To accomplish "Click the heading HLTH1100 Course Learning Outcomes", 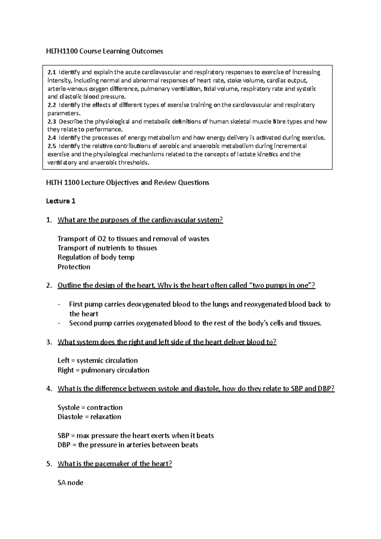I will (x=104, y=51).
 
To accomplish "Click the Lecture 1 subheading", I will (x=61, y=201).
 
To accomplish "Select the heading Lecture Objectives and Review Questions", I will (x=128, y=183).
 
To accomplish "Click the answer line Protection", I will (x=74, y=267).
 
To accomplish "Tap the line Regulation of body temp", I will (x=96, y=257).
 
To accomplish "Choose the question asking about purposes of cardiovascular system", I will (x=140, y=220).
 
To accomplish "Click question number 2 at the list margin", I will (x=49, y=285).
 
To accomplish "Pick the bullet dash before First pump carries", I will (x=59, y=304).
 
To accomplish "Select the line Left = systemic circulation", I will (x=97, y=361).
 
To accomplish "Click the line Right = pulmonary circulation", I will (x=103, y=370).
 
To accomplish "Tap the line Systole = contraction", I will (x=90, y=407).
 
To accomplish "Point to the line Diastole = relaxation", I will (x=89, y=417).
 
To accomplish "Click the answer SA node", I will (x=70, y=483).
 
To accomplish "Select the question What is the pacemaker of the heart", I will (x=115, y=464).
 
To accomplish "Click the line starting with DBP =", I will (x=128, y=445).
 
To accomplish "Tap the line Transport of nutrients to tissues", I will (x=107, y=248).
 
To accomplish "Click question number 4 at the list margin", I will (x=49, y=389).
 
